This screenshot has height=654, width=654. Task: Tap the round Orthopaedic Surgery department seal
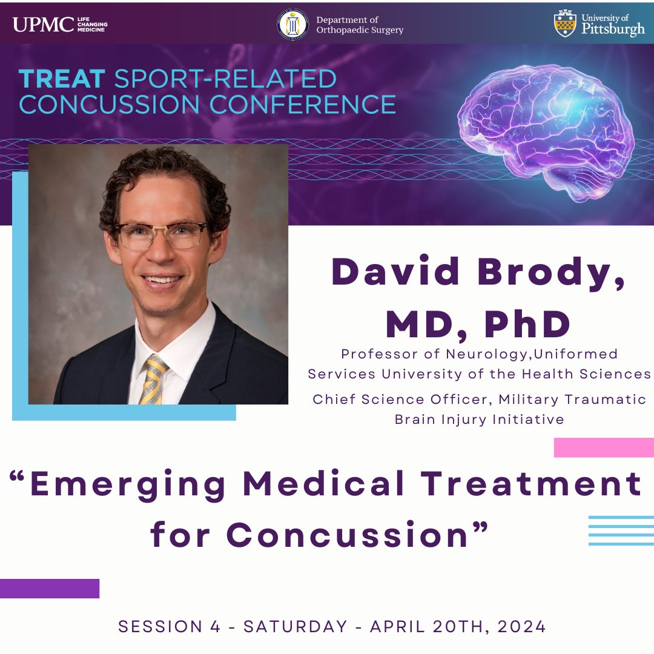tap(293, 25)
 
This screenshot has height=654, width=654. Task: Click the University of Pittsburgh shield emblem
tap(565, 24)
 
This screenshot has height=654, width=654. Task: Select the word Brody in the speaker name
tap(551, 272)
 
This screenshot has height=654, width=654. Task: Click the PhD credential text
tap(527, 325)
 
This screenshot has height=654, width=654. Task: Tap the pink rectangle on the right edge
tap(604, 448)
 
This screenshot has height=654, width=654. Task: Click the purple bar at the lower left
tap(50, 588)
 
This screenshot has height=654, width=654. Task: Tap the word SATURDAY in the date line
tap(296, 627)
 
